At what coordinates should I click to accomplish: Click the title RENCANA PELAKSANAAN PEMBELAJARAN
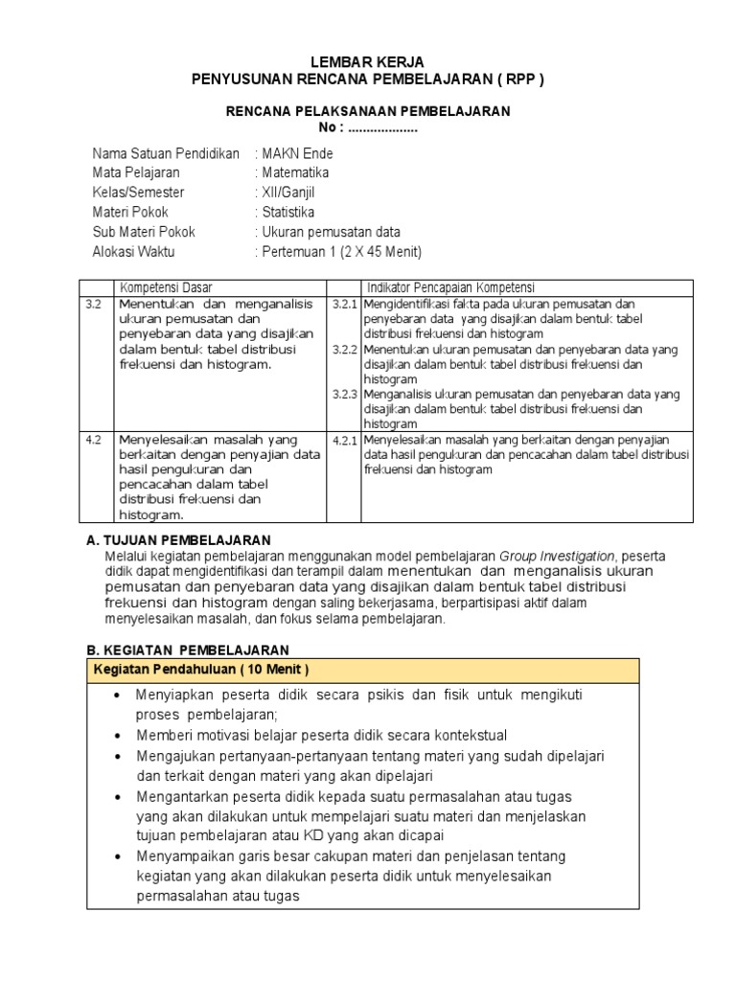click(368, 111)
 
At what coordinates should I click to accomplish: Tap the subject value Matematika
click(294, 172)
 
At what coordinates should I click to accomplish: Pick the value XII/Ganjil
click(290, 193)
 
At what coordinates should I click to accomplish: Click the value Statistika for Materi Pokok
click(287, 213)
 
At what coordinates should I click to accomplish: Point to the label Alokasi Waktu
click(133, 252)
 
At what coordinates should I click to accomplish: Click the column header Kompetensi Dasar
click(166, 287)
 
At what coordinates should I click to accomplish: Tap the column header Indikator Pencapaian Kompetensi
click(451, 287)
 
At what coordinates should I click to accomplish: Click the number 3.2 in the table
click(93, 304)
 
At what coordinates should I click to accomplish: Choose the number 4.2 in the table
click(93, 440)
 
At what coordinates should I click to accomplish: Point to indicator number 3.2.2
click(344, 350)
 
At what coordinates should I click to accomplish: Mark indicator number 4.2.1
click(344, 440)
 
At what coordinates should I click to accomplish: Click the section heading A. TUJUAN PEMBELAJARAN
click(179, 540)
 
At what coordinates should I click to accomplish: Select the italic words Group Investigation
click(557, 556)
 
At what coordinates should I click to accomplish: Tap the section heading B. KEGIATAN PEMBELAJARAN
click(181, 650)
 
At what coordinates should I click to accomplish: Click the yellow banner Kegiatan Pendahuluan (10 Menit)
click(200, 669)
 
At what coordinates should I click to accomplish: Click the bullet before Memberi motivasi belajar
click(117, 735)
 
